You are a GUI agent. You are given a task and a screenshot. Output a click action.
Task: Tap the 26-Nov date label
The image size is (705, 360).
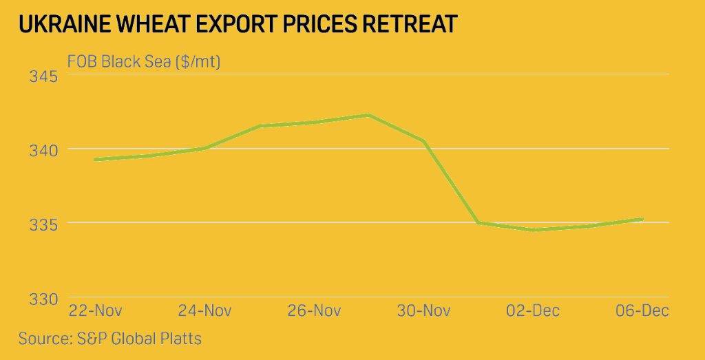coord(313,310)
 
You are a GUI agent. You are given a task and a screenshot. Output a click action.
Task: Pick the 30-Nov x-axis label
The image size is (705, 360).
coord(423,310)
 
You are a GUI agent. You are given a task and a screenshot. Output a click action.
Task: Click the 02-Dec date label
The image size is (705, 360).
coord(533,310)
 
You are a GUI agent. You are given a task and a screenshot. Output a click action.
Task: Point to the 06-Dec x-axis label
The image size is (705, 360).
coord(642,310)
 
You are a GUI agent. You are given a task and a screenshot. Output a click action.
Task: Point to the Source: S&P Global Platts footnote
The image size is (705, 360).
coord(110,339)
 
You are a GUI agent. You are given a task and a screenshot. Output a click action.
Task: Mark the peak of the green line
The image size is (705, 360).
coord(369,115)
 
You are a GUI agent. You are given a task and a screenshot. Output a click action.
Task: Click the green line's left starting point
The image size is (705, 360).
coord(95,159)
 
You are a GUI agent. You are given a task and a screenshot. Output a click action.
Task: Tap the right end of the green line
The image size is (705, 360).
coord(642,219)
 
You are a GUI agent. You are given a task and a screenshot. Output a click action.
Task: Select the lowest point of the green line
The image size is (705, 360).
coord(534,230)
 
